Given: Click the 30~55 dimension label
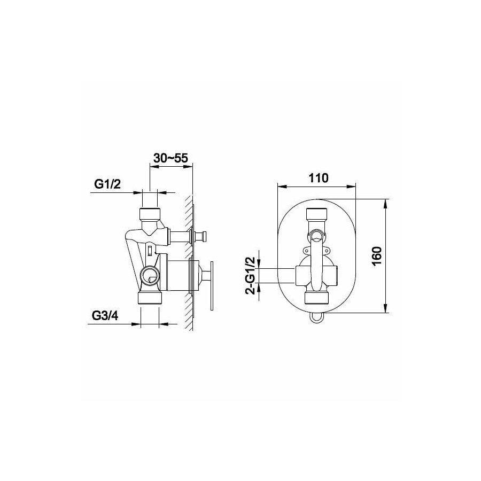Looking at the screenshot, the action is click(170, 158).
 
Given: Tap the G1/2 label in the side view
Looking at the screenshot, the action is click(107, 184).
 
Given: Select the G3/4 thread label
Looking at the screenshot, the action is click(105, 316).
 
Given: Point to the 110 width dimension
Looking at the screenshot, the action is click(319, 178).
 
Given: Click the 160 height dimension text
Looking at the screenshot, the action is click(377, 256).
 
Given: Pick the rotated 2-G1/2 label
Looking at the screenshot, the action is click(251, 275).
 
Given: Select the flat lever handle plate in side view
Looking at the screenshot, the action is click(211, 286).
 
